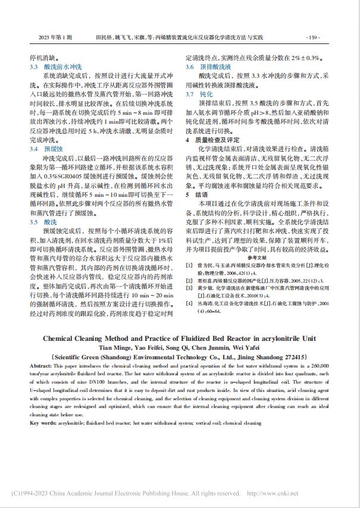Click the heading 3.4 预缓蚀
46,147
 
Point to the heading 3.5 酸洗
43,204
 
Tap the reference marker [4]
189,302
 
